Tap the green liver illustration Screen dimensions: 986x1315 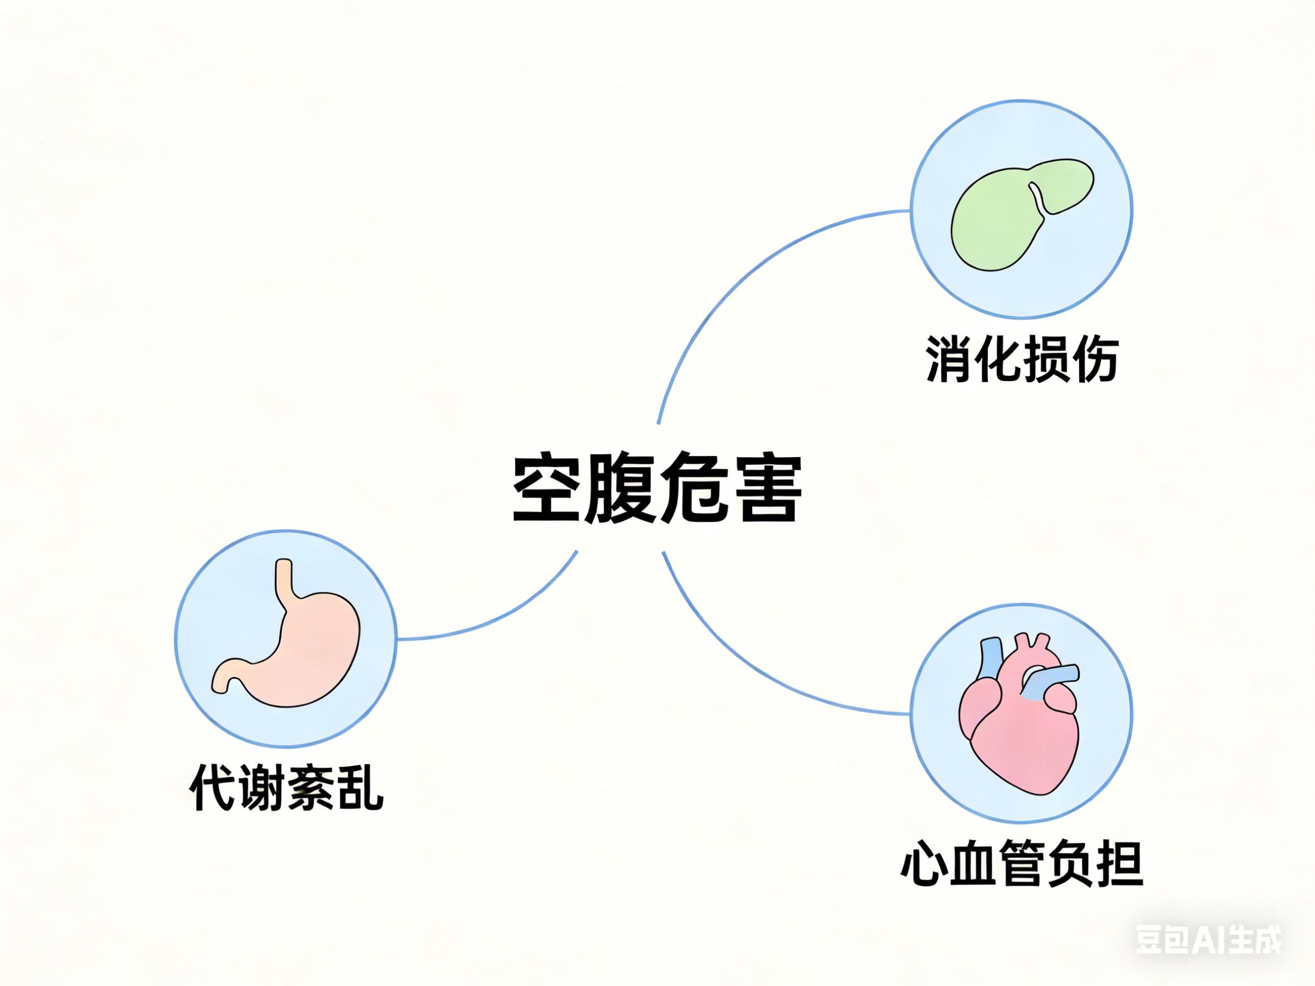point(1011,220)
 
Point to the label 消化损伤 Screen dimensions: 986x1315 point(1022,359)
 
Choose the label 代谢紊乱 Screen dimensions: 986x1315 point(286,787)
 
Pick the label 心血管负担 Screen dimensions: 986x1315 point(1021,863)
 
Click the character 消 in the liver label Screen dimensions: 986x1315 point(950,359)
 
